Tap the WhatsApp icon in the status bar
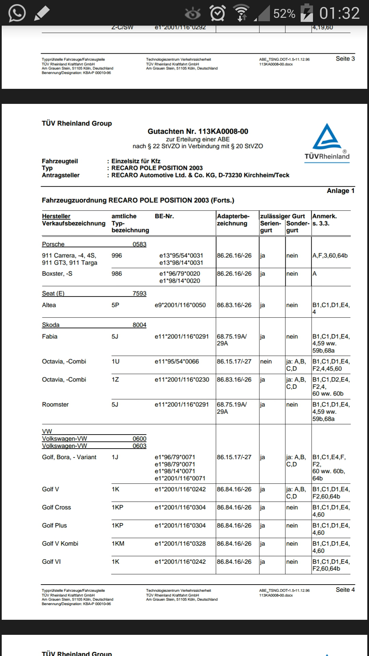click(17, 13)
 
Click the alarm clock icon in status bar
click(218, 13)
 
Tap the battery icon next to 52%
click(306, 13)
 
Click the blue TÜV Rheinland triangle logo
click(327, 137)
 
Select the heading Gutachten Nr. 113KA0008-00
click(198, 131)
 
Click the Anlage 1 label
click(340, 191)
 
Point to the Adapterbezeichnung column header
click(233, 220)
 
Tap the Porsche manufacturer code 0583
click(139, 244)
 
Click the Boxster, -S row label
click(57, 274)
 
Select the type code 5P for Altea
click(115, 305)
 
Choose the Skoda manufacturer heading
click(51, 325)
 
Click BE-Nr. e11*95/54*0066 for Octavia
click(177, 361)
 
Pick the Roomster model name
click(55, 405)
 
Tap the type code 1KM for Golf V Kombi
click(118, 544)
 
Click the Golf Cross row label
click(56, 507)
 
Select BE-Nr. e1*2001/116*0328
click(180, 544)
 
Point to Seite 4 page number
click(345, 590)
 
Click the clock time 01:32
click(339, 13)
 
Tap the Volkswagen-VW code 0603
click(139, 446)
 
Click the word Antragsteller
click(61, 175)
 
